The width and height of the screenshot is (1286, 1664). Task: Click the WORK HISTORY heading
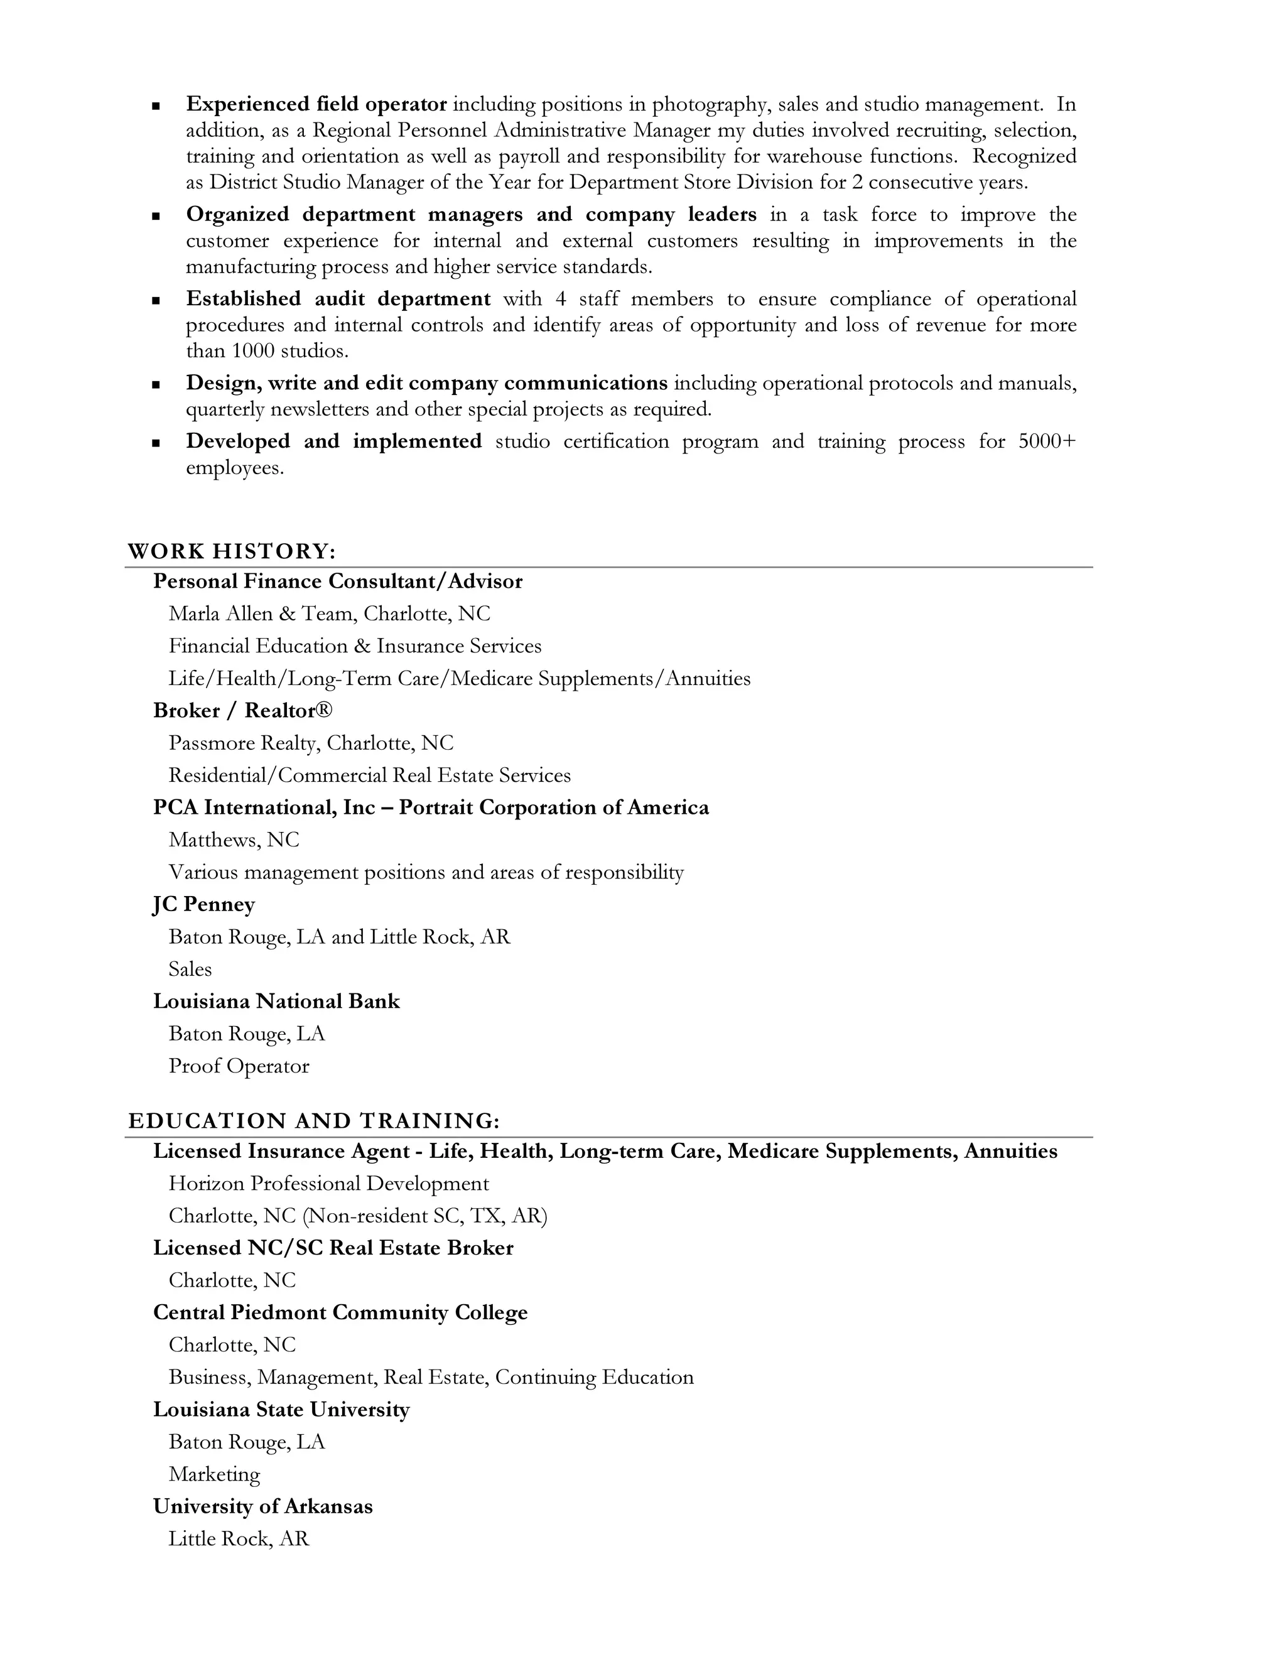point(232,551)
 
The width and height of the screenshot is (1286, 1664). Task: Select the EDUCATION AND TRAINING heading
point(314,1121)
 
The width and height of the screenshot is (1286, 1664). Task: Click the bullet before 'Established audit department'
point(156,301)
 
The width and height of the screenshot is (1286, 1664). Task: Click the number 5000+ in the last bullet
point(1046,442)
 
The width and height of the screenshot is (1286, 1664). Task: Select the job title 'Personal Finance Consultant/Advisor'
point(337,581)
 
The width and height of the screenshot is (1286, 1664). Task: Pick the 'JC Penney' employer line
point(204,904)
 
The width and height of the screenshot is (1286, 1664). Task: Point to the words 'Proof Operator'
point(239,1066)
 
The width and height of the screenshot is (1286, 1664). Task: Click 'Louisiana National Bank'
point(276,1001)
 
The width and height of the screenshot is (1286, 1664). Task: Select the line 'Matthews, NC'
point(234,840)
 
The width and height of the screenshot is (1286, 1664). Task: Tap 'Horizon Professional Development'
point(328,1183)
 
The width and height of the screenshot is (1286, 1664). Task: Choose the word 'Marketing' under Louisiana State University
point(214,1474)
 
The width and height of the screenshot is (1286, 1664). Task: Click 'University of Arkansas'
point(263,1506)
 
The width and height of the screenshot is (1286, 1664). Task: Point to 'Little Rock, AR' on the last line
point(239,1538)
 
